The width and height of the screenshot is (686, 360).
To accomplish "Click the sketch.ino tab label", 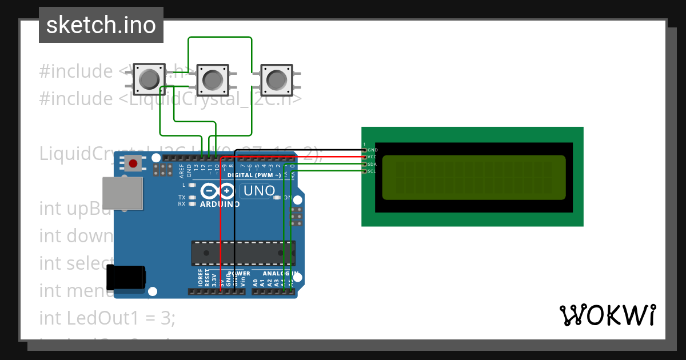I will [x=101, y=25].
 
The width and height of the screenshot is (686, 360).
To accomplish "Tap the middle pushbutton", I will [x=213, y=79].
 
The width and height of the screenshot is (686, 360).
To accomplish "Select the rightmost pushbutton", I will [x=276, y=79].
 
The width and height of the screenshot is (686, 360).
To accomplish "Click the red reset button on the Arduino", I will [x=133, y=164].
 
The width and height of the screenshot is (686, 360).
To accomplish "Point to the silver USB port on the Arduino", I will [x=122, y=193].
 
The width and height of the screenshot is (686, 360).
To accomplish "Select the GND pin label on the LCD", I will [x=372, y=150].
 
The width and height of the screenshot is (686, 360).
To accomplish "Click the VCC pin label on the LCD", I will [x=372, y=157].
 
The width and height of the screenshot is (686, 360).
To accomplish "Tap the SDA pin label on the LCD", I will [x=372, y=164].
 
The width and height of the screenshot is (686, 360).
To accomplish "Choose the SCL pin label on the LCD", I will [x=372, y=171].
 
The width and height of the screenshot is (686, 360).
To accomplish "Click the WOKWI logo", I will [x=607, y=315].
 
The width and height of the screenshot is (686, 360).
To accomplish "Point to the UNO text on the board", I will [x=259, y=190].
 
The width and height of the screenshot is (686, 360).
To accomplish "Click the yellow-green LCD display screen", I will [x=474, y=178].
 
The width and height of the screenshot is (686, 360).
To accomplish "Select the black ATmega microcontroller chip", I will [x=243, y=253].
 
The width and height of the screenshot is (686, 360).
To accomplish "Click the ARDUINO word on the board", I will [x=220, y=203].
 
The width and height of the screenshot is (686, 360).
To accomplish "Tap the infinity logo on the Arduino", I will [x=218, y=191].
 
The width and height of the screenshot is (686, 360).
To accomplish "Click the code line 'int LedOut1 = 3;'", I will [x=107, y=318].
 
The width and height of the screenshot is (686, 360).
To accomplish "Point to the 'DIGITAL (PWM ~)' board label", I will [x=254, y=175].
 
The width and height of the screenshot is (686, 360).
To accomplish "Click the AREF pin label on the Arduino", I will [x=182, y=169].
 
